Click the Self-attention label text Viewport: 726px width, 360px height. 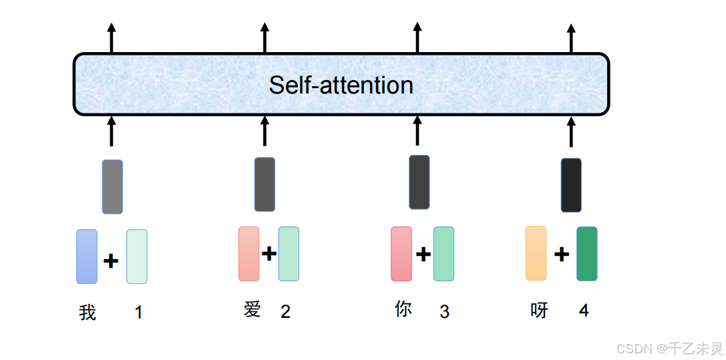click(341, 85)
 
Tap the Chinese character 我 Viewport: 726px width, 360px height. click(87, 312)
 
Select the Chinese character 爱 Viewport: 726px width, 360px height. click(252, 309)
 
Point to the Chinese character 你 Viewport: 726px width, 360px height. click(403, 309)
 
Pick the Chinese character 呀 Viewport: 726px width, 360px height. click(539, 311)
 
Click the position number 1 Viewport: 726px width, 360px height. click(138, 312)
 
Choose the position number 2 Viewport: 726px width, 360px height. click(285, 311)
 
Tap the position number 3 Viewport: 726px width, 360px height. click(444, 311)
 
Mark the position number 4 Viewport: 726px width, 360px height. click(584, 311)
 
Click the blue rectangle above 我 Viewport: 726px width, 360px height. click(87, 256)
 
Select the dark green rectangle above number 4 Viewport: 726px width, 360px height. click(586, 254)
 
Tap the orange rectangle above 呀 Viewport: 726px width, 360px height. click(536, 253)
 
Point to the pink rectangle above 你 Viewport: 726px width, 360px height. click(401, 254)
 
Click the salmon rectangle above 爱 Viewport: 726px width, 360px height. click(248, 254)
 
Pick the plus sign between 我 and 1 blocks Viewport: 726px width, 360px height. click(111, 260)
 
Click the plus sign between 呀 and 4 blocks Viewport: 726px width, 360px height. click(562, 254)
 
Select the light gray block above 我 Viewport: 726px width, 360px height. click(112, 186)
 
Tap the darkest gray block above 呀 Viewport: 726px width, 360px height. click(571, 185)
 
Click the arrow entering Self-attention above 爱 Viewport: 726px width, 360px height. click(264, 130)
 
